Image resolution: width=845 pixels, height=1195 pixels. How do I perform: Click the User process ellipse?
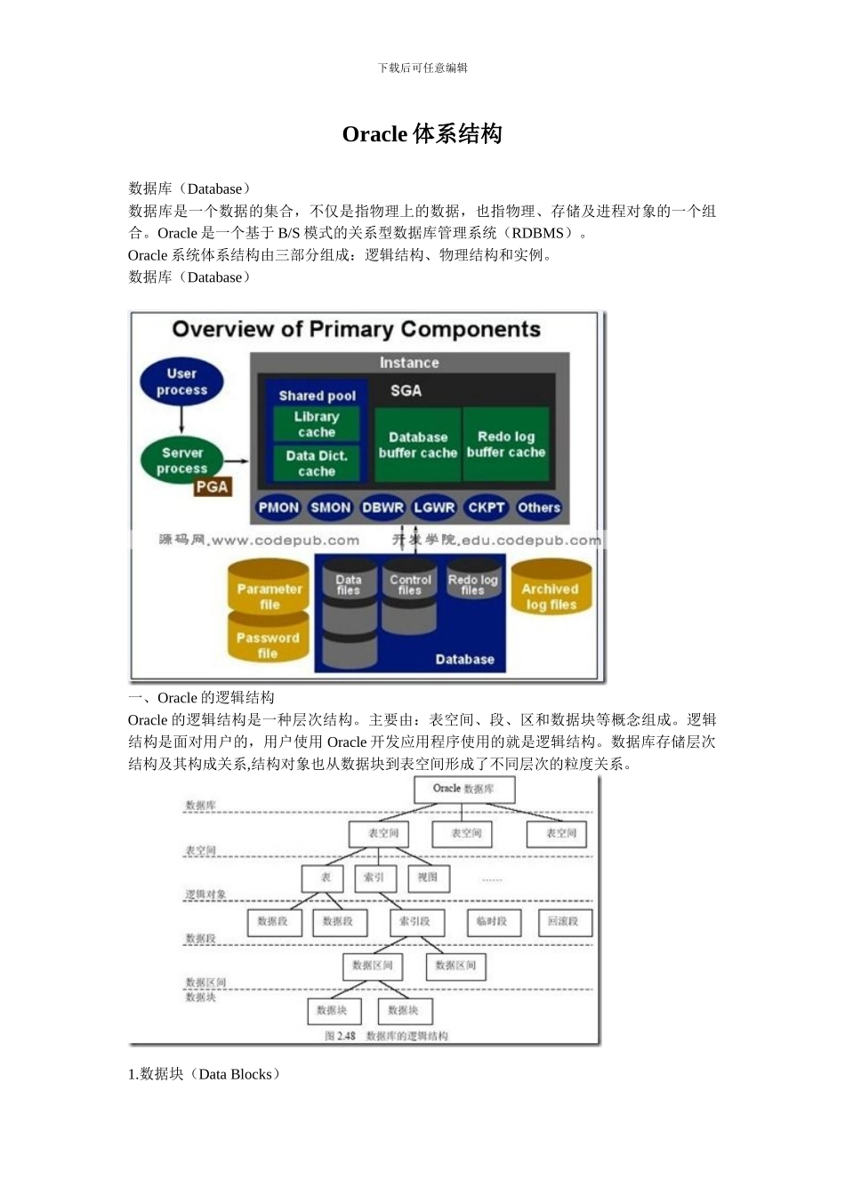point(181,381)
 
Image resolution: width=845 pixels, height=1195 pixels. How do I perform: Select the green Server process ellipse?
point(182,460)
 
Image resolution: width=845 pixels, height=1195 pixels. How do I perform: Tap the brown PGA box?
point(213,486)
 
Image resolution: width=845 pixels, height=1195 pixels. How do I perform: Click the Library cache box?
point(317,424)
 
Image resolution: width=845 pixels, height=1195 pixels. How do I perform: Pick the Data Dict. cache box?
point(317,463)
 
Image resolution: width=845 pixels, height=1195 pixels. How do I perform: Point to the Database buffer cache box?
point(417,445)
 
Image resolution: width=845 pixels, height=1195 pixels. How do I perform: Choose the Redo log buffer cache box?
point(506,445)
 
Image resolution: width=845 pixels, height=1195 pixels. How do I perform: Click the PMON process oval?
point(278,508)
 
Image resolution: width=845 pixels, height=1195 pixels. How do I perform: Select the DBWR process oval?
point(382,508)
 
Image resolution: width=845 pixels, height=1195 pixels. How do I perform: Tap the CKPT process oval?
point(487,508)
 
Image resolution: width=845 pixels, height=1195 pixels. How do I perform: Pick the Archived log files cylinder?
point(550,593)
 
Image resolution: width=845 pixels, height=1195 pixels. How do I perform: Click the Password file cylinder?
point(268,642)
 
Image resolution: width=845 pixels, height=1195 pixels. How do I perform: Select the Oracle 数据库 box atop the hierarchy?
point(463,789)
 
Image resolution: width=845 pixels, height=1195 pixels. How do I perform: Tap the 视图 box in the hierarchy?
point(428,878)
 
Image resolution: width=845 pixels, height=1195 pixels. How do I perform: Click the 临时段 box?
point(492,922)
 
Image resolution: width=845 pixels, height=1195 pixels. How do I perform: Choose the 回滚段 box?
point(563,922)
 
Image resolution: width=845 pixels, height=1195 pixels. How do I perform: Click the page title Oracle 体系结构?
point(422,134)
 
